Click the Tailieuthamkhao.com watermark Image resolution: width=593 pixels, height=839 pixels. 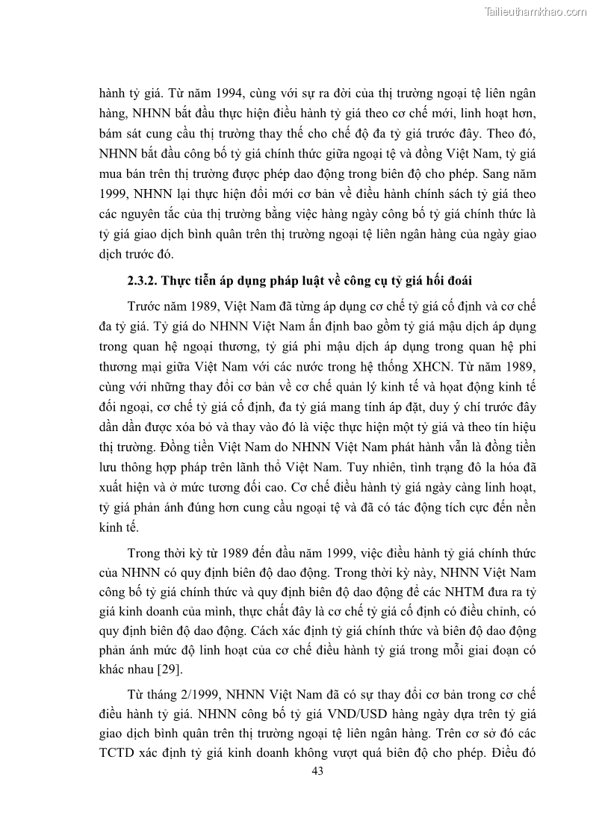(535, 11)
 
